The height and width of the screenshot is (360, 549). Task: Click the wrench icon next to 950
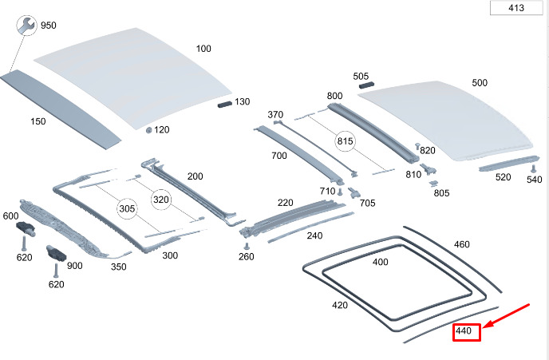coord(26,26)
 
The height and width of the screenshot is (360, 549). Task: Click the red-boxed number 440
coord(463,331)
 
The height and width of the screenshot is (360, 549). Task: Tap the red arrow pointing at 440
coord(506,316)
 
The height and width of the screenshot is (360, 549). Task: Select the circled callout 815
coord(345,141)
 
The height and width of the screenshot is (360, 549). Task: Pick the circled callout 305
coord(127,208)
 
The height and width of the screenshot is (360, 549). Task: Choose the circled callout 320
coord(161,200)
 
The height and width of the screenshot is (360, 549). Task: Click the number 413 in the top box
coord(516,8)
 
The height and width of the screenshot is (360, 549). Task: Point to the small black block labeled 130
coord(225,104)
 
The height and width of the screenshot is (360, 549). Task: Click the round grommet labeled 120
coord(148,130)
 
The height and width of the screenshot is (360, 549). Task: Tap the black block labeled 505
coord(366,85)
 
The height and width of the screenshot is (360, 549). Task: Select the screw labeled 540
coord(534,168)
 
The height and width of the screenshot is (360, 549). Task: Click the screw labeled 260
coord(247,246)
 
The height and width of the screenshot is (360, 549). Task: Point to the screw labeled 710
coord(340,192)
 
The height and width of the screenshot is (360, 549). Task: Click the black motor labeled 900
coord(57,253)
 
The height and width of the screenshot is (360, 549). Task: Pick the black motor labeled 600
coord(26,228)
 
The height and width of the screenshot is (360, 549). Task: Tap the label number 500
coord(480,83)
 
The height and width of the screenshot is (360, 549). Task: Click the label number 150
coord(38,121)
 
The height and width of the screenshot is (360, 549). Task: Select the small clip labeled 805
coord(434,184)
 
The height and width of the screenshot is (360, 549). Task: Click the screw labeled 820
coord(417,146)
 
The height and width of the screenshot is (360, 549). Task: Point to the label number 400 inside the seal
coord(381,262)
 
